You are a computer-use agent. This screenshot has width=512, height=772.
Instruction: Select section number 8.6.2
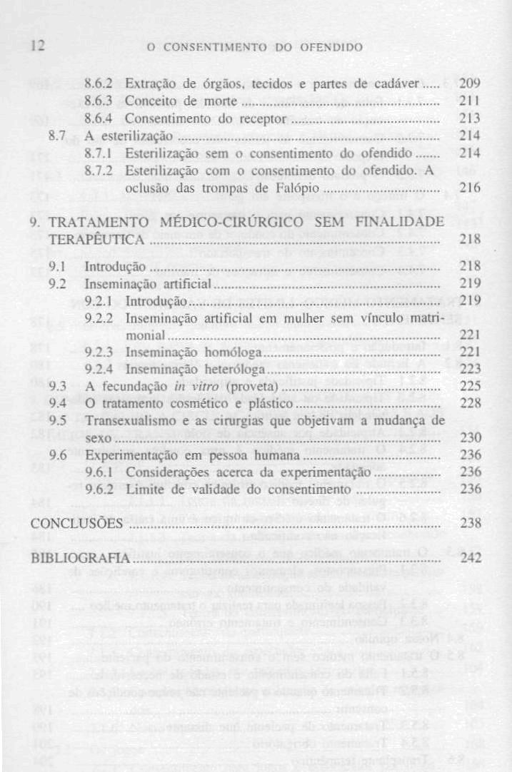tap(100, 82)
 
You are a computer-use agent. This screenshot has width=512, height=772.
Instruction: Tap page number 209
tap(471, 81)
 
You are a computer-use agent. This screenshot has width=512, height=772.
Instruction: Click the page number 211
tap(471, 99)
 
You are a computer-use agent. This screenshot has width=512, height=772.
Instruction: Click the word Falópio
tap(291, 188)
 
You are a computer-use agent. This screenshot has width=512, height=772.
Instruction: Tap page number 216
tap(471, 188)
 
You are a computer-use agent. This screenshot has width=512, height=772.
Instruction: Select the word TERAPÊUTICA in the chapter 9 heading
tap(89, 240)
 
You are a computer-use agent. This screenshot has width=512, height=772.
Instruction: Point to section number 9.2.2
tap(100, 318)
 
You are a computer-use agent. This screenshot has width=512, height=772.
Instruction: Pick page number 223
tap(471, 370)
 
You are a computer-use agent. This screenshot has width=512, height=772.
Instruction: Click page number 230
tap(471, 438)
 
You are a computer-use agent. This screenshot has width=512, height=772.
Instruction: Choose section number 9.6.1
tap(100, 472)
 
